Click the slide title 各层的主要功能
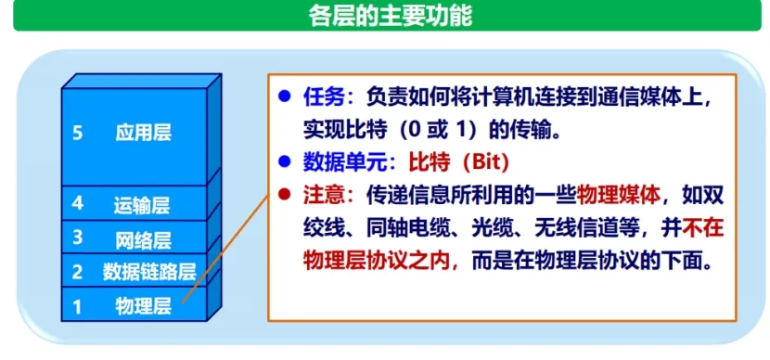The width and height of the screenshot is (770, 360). pyautogui.click(x=390, y=15)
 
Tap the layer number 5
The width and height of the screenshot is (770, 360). pyautogui.click(x=77, y=133)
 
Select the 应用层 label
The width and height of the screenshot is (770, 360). pyautogui.click(x=144, y=133)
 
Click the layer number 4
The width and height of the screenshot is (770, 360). pyautogui.click(x=77, y=203)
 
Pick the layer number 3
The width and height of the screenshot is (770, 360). pyautogui.click(x=77, y=238)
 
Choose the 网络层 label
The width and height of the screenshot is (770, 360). pyautogui.click(x=143, y=240)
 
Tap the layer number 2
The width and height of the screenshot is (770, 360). pyautogui.click(x=77, y=272)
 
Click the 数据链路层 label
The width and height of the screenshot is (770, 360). pyautogui.click(x=149, y=272)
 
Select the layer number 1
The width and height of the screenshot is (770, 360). pyautogui.click(x=77, y=306)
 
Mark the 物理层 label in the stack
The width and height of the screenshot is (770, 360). pyautogui.click(x=143, y=305)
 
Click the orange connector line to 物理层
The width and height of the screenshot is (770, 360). pyautogui.click(x=225, y=248)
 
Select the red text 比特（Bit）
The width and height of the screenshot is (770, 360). pyautogui.click(x=458, y=163)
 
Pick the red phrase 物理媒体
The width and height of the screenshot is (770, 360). pyautogui.click(x=618, y=196)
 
